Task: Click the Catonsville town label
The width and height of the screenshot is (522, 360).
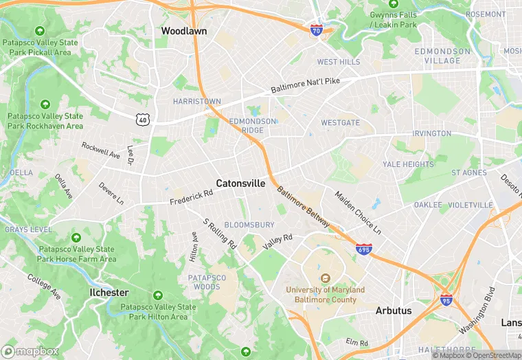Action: coord(240,183)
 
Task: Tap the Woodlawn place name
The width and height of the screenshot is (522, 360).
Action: coord(183,31)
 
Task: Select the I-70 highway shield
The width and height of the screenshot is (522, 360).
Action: coord(316,29)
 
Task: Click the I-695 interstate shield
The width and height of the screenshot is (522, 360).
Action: coord(364,250)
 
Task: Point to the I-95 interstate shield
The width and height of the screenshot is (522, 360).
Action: coord(446,299)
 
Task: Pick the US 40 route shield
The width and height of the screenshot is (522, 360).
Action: coord(142,119)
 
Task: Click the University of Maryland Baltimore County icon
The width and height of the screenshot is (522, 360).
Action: coord(326,278)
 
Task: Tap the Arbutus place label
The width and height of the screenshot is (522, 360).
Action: coord(394,311)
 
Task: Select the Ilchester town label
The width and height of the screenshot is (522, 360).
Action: coord(109,292)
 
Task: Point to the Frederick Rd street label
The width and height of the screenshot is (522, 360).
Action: coord(192,197)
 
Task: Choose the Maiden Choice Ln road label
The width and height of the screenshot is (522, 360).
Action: coord(357,211)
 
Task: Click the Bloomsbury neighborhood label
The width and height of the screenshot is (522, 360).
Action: coord(249,225)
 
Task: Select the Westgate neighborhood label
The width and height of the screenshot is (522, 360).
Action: coord(340,123)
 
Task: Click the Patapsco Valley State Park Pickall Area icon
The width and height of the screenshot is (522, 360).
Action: coord(40,31)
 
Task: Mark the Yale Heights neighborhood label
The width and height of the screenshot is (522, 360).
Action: coord(408,164)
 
